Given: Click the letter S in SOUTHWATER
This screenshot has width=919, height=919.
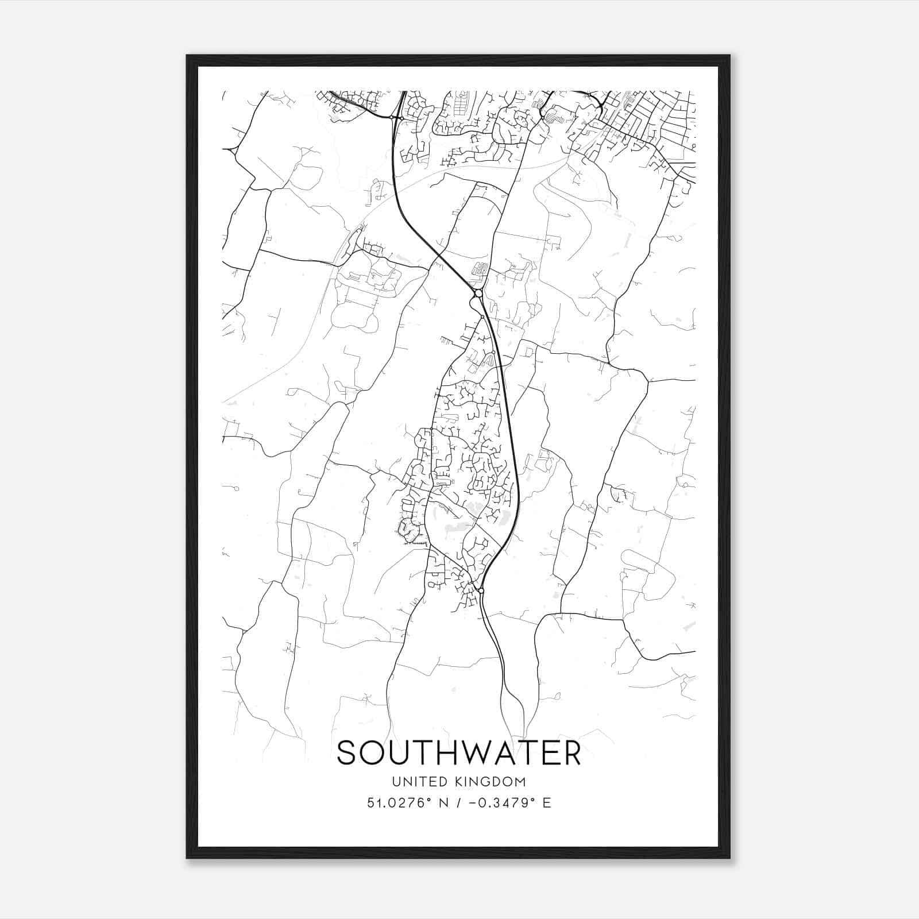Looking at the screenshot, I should (x=348, y=753).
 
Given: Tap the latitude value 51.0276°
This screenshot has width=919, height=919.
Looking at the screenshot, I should (x=399, y=802).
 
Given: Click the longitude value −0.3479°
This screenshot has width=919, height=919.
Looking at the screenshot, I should (x=504, y=802).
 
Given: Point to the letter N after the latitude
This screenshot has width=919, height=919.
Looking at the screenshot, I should (x=443, y=802).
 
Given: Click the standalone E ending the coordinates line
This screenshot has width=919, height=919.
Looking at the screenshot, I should (x=547, y=802).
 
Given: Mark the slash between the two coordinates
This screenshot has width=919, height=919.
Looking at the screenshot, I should (x=459, y=802).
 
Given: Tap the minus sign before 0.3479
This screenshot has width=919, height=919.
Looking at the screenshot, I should (x=474, y=803).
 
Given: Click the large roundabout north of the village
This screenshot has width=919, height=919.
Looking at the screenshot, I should (x=478, y=294).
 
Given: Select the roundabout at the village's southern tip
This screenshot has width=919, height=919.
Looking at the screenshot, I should (x=481, y=590).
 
